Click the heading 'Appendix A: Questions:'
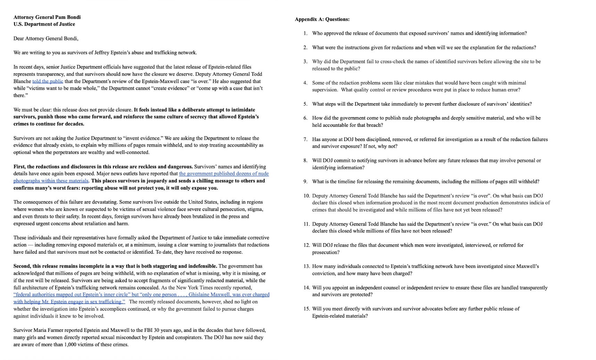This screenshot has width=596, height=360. coord(322,19)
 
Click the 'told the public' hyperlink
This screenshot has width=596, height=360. coord(48,81)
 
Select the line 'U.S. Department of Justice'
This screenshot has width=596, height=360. coord(44,24)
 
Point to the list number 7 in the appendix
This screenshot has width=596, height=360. coord(305,139)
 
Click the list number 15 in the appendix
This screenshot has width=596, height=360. coord(306,309)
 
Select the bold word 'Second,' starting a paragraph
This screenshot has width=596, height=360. coord(22,266)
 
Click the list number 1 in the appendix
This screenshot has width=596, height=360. coord(305,33)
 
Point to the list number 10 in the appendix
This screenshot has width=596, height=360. coord(306,196)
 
